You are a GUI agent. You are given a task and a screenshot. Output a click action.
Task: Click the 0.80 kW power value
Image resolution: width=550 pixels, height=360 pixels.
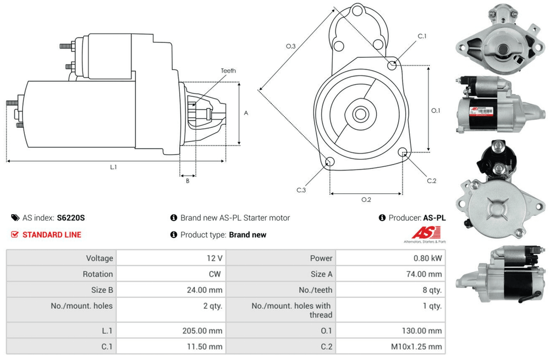[x=427, y=258]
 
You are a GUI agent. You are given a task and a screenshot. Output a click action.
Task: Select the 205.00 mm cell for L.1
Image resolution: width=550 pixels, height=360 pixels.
[x=202, y=330]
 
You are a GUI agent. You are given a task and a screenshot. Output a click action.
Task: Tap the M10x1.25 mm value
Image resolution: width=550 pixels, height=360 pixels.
[x=416, y=347]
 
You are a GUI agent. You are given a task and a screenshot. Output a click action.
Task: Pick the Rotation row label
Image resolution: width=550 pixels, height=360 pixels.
[x=98, y=274]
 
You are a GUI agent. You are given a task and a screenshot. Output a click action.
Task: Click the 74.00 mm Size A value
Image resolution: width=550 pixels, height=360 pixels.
[x=424, y=274]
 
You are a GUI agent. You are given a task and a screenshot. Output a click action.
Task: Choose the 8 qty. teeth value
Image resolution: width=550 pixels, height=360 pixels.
[x=432, y=290]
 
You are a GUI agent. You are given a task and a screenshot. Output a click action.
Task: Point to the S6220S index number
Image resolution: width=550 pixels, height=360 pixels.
[x=71, y=218]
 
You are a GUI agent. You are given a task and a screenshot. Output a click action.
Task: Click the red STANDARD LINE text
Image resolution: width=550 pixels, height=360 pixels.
[x=52, y=234]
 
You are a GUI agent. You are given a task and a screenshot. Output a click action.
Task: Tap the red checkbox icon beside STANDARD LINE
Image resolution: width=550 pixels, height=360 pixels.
[x=15, y=234]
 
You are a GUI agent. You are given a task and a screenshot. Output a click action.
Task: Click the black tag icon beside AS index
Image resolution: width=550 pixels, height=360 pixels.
[x=15, y=218]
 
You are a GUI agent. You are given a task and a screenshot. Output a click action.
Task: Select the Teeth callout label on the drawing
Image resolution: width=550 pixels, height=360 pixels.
[x=228, y=70]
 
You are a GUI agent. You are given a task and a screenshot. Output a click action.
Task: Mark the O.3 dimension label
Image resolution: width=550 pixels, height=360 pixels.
[x=291, y=46]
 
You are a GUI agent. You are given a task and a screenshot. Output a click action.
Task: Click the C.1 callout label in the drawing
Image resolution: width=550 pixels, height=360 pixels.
[x=422, y=36]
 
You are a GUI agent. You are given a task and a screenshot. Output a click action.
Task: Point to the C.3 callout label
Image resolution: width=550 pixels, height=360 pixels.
[x=301, y=190]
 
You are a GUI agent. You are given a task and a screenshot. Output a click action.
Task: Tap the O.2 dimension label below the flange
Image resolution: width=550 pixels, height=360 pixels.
[x=366, y=199]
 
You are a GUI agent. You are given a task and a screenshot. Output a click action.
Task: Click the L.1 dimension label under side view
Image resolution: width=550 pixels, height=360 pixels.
[x=113, y=167]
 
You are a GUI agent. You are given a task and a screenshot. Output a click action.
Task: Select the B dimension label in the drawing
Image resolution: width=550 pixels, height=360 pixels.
[x=188, y=181]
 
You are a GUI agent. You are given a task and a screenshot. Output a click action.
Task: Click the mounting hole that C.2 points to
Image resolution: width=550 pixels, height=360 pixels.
[x=403, y=152]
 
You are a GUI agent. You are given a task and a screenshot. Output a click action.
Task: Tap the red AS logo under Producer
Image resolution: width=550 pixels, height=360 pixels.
[x=426, y=232]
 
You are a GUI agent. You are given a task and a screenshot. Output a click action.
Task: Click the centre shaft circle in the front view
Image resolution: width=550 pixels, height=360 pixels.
[x=360, y=114]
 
